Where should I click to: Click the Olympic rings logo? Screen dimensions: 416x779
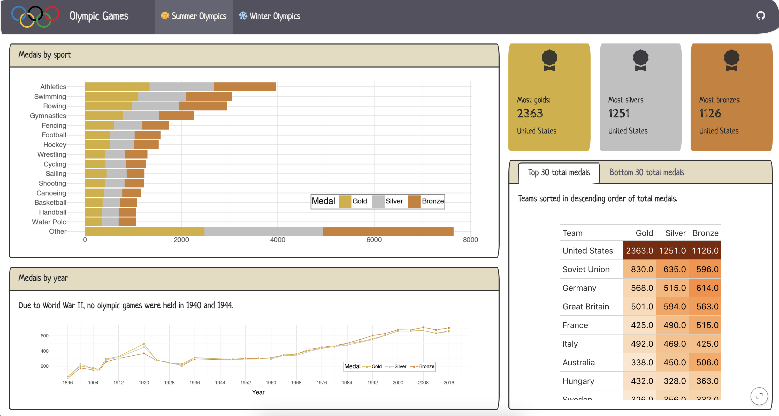point(35,17)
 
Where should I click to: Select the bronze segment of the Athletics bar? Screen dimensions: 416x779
point(245,87)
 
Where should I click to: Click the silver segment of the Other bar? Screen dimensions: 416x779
point(263,231)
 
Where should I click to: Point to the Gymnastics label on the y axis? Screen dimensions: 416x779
point(48,116)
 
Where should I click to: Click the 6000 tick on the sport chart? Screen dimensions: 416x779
point(374,240)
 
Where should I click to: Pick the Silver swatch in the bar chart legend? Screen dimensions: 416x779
point(378,201)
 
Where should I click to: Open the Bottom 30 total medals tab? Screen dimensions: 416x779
point(647,173)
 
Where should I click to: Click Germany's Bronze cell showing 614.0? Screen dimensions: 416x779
point(705,288)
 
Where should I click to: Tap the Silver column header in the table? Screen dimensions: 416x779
point(675,233)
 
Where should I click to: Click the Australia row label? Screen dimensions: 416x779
point(578,362)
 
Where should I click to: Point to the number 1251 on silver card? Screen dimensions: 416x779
point(619,114)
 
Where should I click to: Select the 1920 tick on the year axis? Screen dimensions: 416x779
point(144,383)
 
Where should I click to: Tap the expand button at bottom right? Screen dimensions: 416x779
point(759,396)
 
